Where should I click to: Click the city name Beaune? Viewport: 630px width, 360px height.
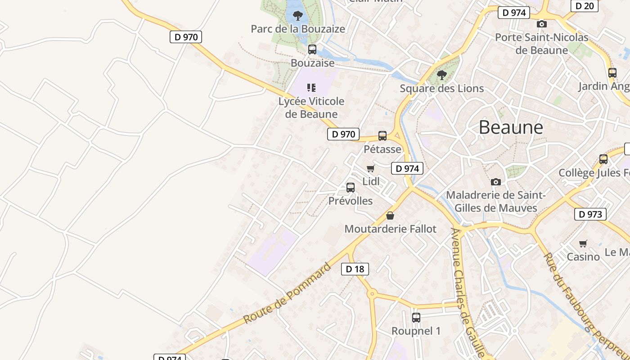coord(511,127)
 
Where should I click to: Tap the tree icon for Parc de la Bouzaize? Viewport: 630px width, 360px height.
coord(297,16)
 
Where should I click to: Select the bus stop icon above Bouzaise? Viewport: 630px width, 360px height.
coord(312,49)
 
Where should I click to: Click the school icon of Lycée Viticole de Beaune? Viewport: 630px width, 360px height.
coord(311,88)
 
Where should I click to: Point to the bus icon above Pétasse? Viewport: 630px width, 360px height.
coord(382,136)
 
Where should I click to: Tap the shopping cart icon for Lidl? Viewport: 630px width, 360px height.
coord(371,169)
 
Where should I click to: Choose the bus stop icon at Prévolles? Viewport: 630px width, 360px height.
coord(351,188)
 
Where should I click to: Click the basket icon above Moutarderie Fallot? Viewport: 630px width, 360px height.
coord(390,216)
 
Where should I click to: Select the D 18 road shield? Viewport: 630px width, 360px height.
coord(355,269)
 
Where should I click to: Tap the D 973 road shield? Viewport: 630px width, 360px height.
coord(590,214)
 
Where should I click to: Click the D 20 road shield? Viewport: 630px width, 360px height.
coord(585,6)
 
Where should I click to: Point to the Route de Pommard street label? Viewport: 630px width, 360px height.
coord(287,293)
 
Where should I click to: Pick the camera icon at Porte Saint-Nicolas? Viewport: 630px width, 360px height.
coord(542,24)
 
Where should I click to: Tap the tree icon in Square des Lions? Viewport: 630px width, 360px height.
coord(442,75)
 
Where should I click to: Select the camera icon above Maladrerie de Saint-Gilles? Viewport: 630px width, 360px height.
coord(496,182)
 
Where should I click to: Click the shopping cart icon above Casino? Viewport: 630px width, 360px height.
coord(583,243)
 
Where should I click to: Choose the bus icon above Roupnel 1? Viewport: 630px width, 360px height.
coord(416,318)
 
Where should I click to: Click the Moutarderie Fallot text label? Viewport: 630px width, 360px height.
coord(390,229)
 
